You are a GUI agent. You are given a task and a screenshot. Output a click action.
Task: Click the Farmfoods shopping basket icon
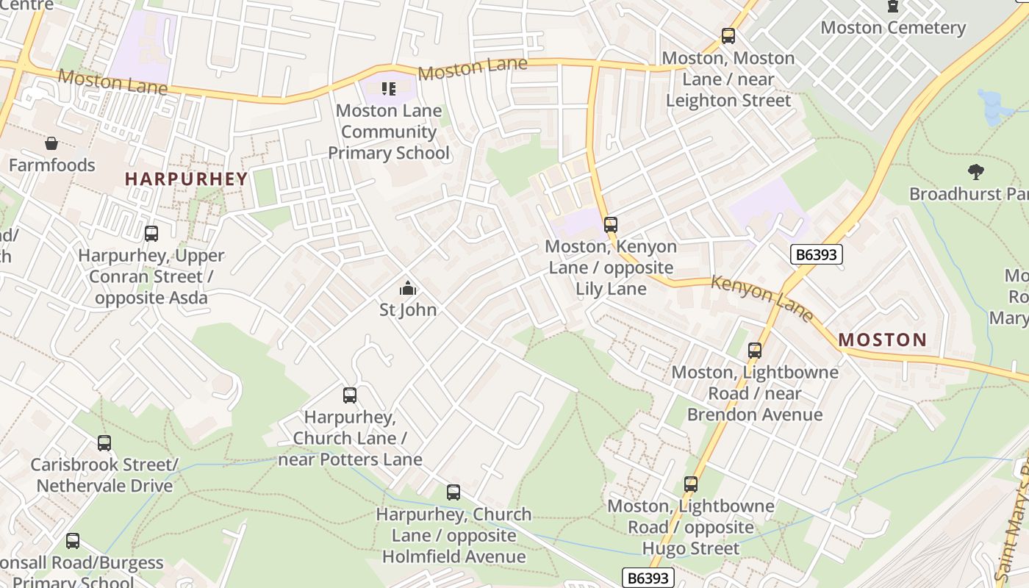[x=51, y=143]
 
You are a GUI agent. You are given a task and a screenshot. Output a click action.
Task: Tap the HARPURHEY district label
[x=186, y=179]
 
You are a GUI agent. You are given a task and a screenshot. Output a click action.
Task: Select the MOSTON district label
[x=882, y=340]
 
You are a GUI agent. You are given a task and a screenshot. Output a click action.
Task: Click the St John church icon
[x=408, y=287]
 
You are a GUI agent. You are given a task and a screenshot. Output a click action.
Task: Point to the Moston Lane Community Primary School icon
[x=389, y=89]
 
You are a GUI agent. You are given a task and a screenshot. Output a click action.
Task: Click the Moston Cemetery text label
[x=892, y=28]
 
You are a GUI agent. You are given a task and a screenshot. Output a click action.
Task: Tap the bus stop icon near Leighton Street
[x=728, y=35]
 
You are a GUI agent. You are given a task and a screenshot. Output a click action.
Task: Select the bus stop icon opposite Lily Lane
[x=611, y=224]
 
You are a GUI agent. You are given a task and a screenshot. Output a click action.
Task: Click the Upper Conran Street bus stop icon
[x=151, y=234]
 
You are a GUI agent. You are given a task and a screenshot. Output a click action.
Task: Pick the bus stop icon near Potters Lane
[x=350, y=395]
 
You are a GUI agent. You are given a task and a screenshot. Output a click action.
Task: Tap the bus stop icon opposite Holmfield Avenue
[x=453, y=492]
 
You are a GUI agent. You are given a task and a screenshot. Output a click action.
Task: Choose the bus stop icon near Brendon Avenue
[x=755, y=351]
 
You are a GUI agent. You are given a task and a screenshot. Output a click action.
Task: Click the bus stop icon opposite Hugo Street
[x=690, y=484]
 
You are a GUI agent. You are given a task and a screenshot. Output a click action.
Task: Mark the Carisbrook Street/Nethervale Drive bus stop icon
[x=104, y=443]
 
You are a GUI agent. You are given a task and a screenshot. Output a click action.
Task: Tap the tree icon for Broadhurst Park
[x=976, y=172]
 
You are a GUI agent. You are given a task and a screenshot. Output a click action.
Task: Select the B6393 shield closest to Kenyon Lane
[x=816, y=254]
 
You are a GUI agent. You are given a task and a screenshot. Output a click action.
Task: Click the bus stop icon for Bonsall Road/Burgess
[x=73, y=541]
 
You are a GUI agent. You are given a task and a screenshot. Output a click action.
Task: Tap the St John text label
[x=408, y=309]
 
